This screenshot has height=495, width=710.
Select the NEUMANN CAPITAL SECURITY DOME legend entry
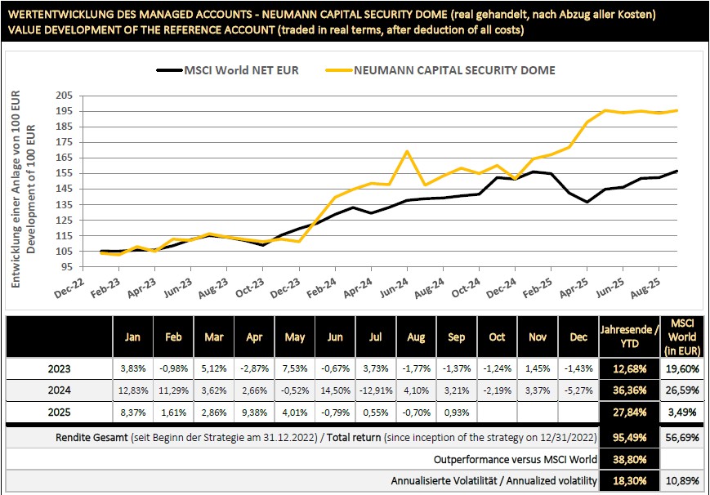click(454, 70)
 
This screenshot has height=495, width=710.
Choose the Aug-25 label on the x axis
click(658, 287)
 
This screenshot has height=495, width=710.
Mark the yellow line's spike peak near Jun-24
click(406, 151)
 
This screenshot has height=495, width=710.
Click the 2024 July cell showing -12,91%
click(375, 390)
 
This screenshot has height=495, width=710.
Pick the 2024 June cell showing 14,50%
click(335, 390)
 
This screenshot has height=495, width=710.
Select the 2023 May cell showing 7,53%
click(294, 368)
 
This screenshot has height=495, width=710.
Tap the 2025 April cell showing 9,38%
click(254, 412)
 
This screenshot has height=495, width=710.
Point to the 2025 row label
click(58, 412)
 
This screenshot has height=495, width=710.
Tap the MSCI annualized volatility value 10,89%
click(681, 481)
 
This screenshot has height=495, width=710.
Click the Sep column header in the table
click(456, 337)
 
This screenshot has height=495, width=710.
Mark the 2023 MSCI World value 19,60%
click(681, 368)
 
